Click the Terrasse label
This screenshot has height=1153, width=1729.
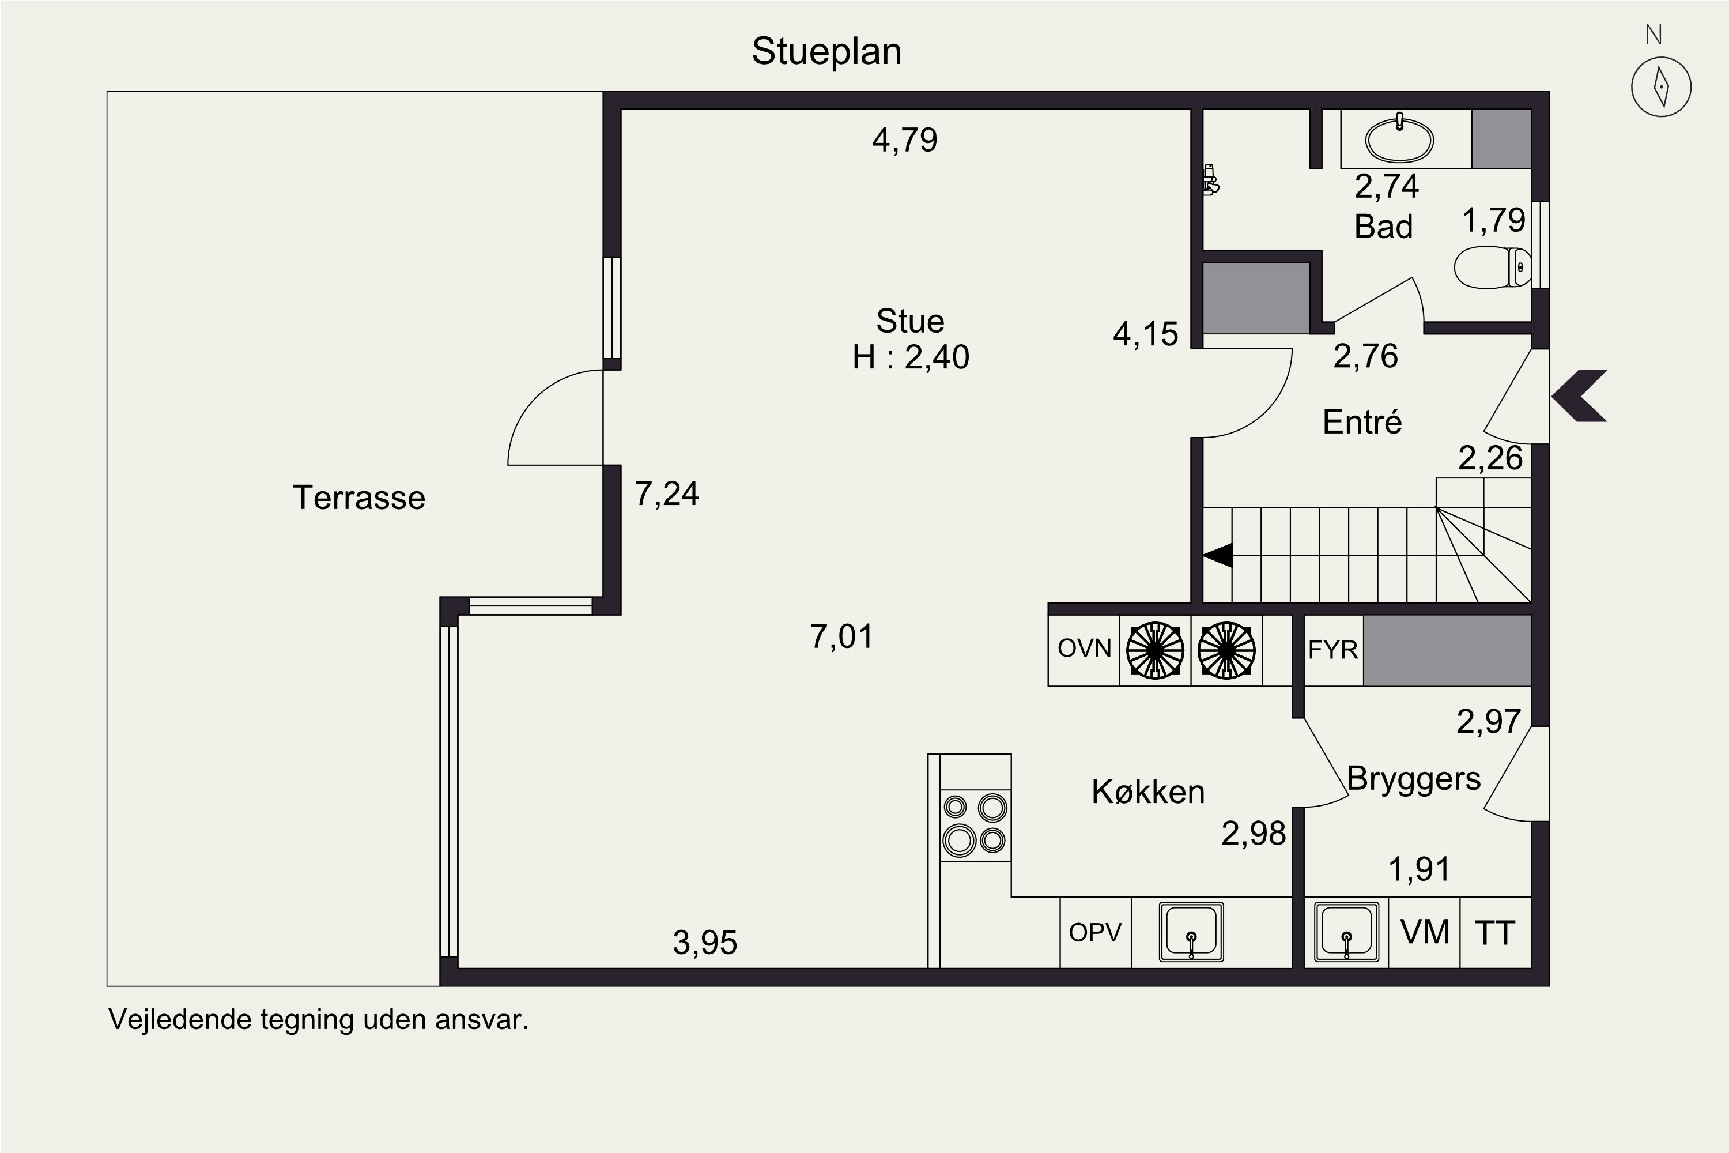coord(358,498)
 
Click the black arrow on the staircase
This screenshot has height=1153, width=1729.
coord(1218,555)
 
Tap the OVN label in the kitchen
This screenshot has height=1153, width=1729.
coord(1084,648)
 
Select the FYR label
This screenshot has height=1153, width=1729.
coord(1332,650)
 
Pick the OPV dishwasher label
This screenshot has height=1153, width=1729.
coord(1096,932)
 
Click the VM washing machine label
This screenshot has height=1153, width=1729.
coord(1425,932)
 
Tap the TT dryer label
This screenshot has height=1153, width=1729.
coord(1495,933)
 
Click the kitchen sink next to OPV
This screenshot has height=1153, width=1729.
coord(1192,932)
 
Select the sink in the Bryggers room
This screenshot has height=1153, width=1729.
coord(1347,932)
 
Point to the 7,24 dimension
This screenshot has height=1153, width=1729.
coord(667,494)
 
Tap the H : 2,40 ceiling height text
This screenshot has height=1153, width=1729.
coord(911,357)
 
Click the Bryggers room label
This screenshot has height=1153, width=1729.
coord(1414,779)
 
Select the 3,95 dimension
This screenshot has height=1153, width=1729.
coord(705,943)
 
